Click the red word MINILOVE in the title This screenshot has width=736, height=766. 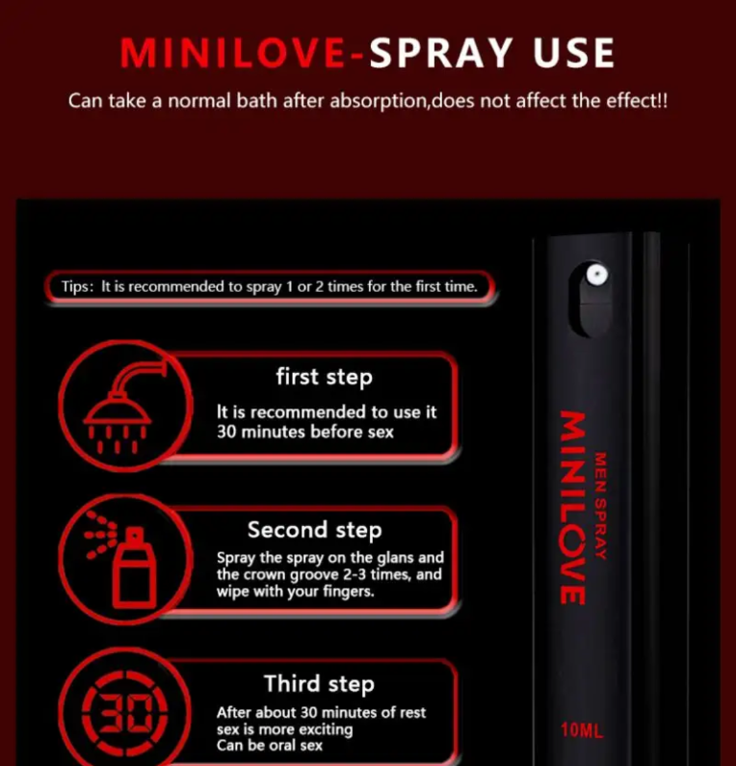coord(233,53)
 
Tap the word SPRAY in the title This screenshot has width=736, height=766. coord(441,53)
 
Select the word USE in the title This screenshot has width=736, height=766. coord(574,53)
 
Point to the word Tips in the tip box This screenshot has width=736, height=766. coord(75,287)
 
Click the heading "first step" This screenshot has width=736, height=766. coord(325,377)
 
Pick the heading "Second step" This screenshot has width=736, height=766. coord(314,530)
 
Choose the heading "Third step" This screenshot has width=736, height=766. coord(320,684)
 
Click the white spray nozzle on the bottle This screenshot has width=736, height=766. coord(597,274)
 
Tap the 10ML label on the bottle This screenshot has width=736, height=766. coord(582,729)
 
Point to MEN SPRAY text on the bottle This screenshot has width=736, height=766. coord(600,506)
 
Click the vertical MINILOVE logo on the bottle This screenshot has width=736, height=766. coord(573,508)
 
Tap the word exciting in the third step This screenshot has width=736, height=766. coord(326,729)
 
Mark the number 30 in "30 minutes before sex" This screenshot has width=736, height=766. coord(226,432)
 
